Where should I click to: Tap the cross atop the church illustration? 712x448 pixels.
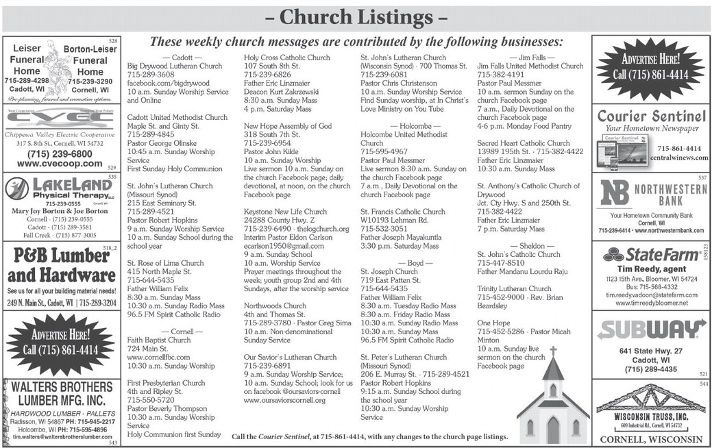[x=552, y=351]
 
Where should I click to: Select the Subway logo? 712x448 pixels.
[x=651, y=330]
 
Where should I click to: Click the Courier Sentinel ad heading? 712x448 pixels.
[x=650, y=116]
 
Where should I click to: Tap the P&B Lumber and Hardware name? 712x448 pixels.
[x=61, y=266]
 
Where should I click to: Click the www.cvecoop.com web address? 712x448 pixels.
[x=57, y=164]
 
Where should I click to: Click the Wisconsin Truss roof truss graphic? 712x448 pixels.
[x=651, y=399]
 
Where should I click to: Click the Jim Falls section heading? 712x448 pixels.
[x=532, y=57]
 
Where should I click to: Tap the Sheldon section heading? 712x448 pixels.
[x=532, y=245]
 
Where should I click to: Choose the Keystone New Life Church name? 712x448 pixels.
[x=286, y=212]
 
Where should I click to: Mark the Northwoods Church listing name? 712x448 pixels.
[x=275, y=306]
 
